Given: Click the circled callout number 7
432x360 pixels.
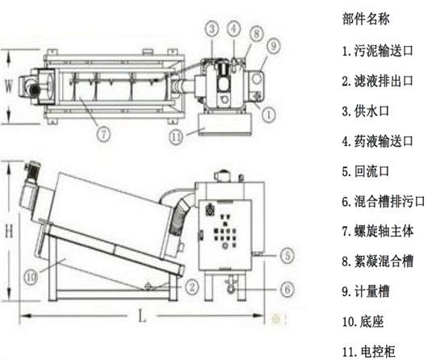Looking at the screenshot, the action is [x=103, y=135].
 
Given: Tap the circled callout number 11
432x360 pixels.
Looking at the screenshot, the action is [x=176, y=137].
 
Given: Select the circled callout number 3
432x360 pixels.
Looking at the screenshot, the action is [x=212, y=29].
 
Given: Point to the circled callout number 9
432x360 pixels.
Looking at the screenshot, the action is [x=273, y=46].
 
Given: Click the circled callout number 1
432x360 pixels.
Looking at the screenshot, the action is [x=268, y=114].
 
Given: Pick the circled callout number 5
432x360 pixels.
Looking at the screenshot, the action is [x=287, y=256].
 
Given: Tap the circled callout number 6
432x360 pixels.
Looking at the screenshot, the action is [x=287, y=290].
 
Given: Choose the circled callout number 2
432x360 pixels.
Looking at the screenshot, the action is [x=191, y=287].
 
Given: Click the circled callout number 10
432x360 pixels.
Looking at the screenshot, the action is [x=31, y=276].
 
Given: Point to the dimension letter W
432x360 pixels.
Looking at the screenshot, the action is [x=9, y=86].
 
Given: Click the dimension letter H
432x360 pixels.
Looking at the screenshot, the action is [x=9, y=231].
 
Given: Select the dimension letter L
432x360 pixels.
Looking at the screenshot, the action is [x=142, y=316].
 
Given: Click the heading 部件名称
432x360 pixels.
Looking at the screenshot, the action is [x=366, y=19].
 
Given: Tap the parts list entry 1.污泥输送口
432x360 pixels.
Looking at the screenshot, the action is [x=378, y=51].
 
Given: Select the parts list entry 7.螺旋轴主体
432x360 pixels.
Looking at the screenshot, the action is [x=378, y=232].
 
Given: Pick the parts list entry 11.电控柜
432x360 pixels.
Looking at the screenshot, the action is [x=369, y=352].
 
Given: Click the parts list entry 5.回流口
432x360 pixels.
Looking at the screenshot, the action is [x=366, y=171].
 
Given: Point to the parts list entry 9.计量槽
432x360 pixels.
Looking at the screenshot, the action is [x=366, y=291].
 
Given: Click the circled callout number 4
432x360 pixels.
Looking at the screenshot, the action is [x=233, y=28].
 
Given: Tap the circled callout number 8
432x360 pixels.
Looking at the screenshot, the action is [x=257, y=33].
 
